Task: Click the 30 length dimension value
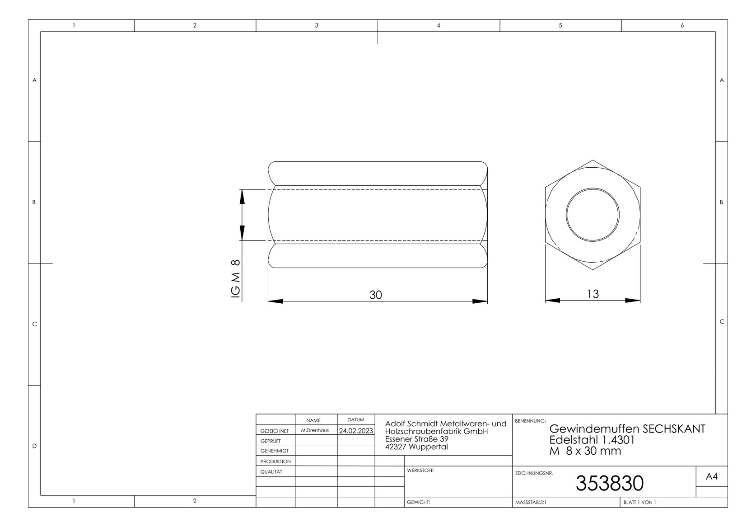tap(375, 295)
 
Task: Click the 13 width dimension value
tap(593, 294)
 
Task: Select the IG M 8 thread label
tap(235, 279)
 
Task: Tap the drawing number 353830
tap(609, 484)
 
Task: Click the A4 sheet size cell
tap(711, 476)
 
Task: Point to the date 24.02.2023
tap(356, 431)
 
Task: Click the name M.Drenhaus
tap(315, 430)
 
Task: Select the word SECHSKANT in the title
tap(673, 429)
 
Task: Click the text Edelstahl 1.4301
tap(592, 440)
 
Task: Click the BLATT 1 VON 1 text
tap(639, 502)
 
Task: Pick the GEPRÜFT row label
tap(271, 441)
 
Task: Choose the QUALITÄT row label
tap(271, 471)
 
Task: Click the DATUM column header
tap(355, 420)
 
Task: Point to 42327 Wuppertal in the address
tap(416, 447)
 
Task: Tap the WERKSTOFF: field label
tap(420, 471)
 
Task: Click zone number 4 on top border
tap(438, 25)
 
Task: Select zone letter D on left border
tap(34, 446)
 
